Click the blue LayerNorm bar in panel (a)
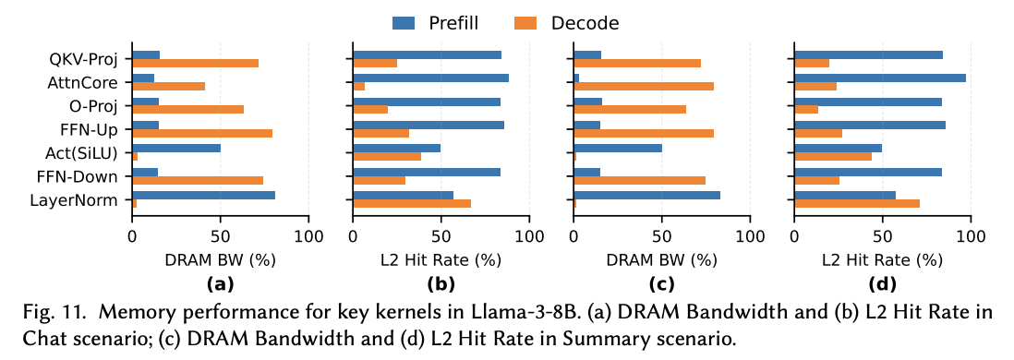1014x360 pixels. (x=204, y=195)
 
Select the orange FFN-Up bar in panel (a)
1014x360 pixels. (x=202, y=133)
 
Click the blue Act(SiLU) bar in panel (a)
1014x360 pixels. (x=176, y=148)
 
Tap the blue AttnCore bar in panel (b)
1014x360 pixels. (x=430, y=78)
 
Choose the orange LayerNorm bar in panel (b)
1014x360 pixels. (x=412, y=203)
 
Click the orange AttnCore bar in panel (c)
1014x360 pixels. (x=644, y=87)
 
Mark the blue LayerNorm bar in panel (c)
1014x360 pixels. (x=646, y=195)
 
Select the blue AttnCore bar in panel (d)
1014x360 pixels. (x=880, y=78)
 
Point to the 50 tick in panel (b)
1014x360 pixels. (x=441, y=236)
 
